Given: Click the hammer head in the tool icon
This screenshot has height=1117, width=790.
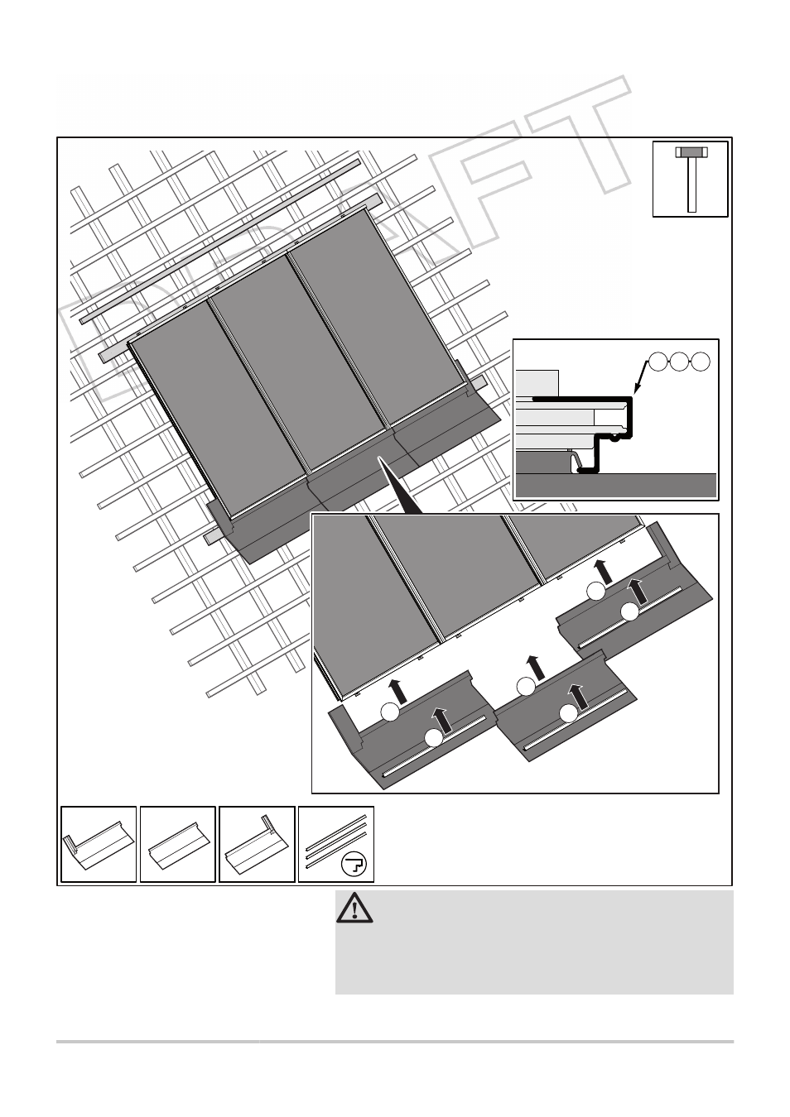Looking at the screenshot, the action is click(x=691, y=152).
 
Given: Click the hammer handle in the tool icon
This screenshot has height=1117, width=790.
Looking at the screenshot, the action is click(x=691, y=185).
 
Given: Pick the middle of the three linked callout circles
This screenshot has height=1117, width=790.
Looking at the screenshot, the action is click(x=679, y=362).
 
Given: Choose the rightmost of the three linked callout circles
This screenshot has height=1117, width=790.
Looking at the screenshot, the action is click(x=701, y=362).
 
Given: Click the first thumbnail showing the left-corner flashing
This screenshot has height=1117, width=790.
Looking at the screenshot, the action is click(x=99, y=844).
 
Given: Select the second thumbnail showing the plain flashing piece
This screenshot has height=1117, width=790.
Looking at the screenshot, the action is click(x=178, y=844).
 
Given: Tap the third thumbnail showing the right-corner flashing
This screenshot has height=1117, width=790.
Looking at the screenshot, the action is click(x=257, y=844).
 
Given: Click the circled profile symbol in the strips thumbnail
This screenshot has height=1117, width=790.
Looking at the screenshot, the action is click(x=354, y=865).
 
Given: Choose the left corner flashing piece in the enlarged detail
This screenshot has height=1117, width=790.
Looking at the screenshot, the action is click(x=411, y=730).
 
